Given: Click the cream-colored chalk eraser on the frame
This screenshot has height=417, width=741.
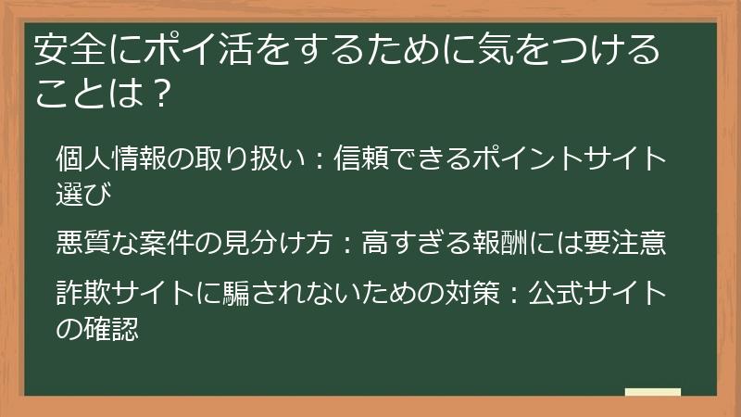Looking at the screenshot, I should coord(652,392).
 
